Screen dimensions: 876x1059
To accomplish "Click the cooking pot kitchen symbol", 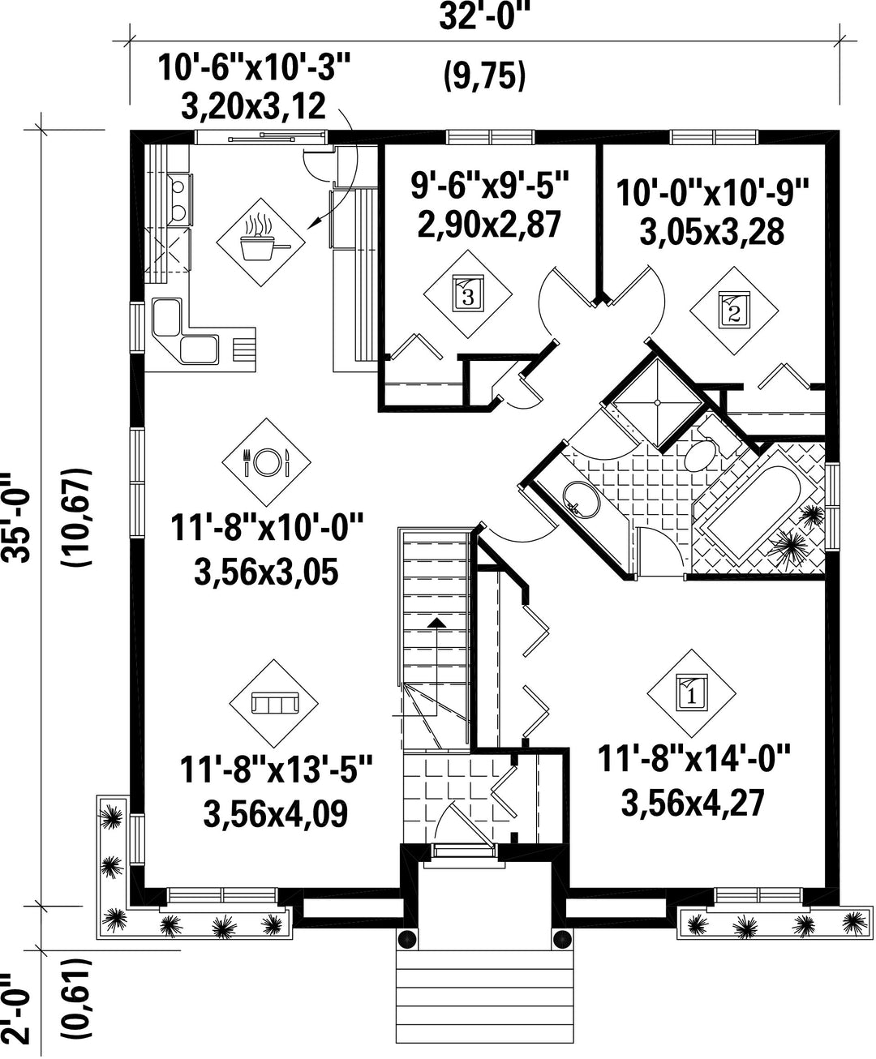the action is point(260,242).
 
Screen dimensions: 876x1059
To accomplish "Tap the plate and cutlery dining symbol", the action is point(266,461).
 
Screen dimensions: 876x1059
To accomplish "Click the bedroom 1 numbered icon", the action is point(691,693).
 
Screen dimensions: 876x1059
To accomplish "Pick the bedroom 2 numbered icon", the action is point(734,311).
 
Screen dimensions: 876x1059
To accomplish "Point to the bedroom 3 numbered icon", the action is point(468,294).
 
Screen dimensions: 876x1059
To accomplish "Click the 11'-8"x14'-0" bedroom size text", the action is point(693,757).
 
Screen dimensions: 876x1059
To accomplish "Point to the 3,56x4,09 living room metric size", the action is point(276,814).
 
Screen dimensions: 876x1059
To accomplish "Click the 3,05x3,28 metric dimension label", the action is point(711,232).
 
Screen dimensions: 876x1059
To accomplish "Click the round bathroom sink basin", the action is point(582,499).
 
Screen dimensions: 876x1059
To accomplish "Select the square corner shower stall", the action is point(657,403).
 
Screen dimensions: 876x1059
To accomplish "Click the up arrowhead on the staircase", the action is point(436,623).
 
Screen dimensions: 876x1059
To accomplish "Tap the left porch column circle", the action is point(407,939).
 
